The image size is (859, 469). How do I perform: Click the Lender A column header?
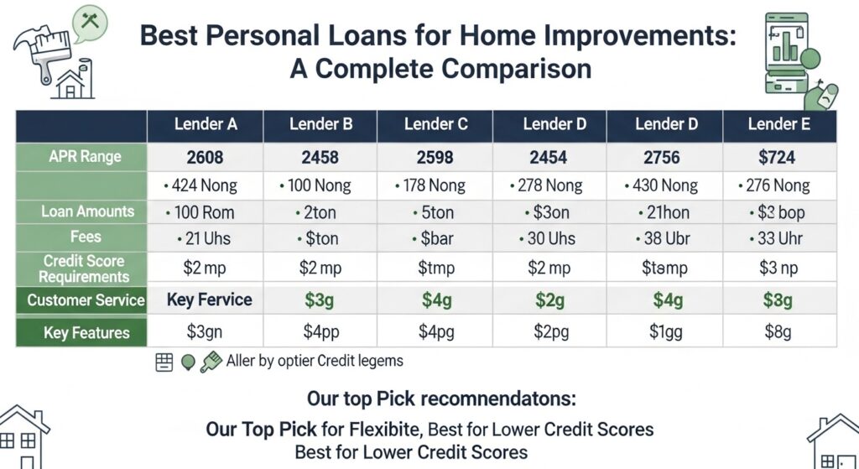coord(206,125)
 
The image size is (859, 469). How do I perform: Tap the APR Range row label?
coord(84,156)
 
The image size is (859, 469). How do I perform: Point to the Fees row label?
coord(86,237)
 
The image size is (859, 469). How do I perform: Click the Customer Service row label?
coord(86,300)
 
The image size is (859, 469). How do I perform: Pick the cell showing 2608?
coord(206,157)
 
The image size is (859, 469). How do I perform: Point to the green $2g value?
coord(549,300)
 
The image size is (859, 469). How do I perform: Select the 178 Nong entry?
coord(435,185)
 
